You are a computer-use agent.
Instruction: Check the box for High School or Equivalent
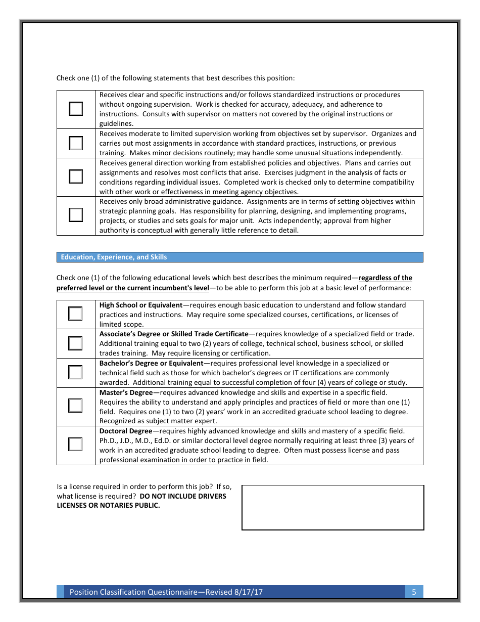75,314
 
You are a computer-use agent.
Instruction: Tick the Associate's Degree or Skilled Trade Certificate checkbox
75,343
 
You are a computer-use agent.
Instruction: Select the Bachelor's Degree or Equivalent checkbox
75,373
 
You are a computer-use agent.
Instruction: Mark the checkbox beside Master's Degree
75,406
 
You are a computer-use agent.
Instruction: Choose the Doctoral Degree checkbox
75,445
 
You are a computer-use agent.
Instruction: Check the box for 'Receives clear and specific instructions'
76,109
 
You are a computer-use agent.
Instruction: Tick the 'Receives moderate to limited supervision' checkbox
76,143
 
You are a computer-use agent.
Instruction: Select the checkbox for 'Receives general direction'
76,176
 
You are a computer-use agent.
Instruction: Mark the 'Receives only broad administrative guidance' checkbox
76,215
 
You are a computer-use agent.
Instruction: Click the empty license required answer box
332,507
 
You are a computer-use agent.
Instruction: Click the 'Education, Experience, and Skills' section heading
114,257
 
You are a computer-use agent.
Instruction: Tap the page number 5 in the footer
414,592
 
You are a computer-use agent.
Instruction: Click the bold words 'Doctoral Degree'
125,431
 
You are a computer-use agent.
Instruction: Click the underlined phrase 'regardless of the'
385,278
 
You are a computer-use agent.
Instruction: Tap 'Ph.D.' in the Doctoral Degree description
108,441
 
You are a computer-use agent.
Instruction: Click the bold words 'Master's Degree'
126,393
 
